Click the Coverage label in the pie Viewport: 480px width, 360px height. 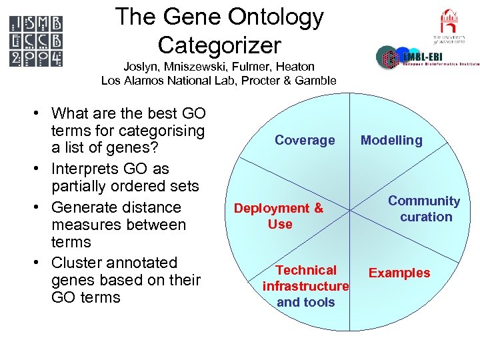pyautogui.click(x=305, y=140)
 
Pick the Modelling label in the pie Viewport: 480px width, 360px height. pyautogui.click(x=391, y=140)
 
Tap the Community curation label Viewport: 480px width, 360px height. pyautogui.click(x=425, y=209)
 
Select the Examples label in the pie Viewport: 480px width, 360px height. pyautogui.click(x=399, y=273)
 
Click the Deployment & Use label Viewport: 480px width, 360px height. pyautogui.click(x=279, y=216)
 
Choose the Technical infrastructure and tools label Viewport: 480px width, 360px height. pyautogui.click(x=306, y=286)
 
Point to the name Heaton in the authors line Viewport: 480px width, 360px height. pyautogui.click(x=295, y=67)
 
